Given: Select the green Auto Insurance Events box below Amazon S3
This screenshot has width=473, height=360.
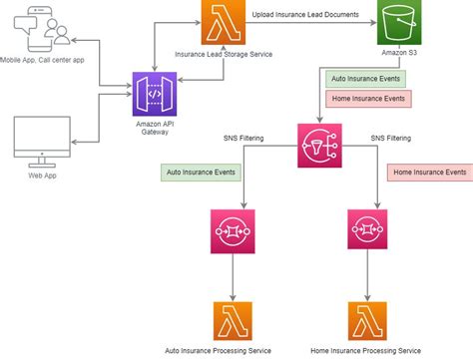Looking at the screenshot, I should pos(367,78).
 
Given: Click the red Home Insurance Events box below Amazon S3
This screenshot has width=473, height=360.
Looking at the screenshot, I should pos(367,99).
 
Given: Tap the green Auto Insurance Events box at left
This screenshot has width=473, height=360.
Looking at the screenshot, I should pos(203,172).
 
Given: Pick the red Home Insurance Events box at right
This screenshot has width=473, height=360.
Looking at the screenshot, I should pos(429,172).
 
